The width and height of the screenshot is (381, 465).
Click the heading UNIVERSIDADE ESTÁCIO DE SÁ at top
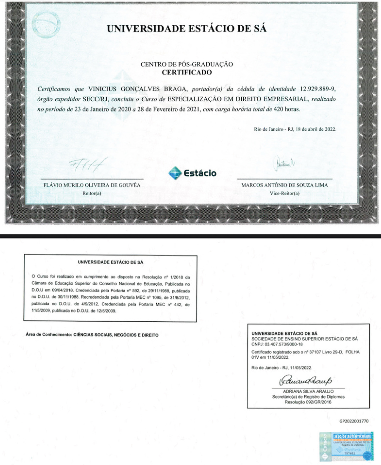[186, 29]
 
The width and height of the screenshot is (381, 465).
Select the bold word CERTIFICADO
[186, 72]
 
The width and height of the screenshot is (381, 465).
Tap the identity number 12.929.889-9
[317, 89]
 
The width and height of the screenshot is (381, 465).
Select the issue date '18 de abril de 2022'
[316, 129]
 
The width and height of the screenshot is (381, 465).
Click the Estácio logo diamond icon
[175, 173]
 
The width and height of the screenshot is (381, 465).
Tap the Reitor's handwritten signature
[88, 165]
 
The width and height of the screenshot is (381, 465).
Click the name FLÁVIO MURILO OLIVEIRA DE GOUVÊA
[92, 185]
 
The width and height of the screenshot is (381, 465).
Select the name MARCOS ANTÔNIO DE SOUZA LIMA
[284, 185]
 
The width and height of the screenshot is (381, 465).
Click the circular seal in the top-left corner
[46, 25]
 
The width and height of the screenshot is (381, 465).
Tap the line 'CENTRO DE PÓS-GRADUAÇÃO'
[186, 64]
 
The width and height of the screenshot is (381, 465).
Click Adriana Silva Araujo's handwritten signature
[305, 381]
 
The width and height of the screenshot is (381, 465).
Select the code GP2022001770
[354, 421]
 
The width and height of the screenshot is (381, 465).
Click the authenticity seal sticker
[346, 446]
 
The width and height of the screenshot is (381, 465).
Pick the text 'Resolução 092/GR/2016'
[308, 402]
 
